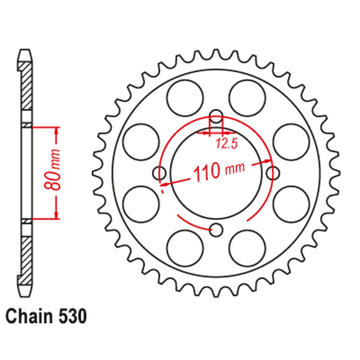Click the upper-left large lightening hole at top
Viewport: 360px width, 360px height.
click(x=185, y=97)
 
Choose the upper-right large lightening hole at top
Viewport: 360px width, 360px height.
click(x=247, y=97)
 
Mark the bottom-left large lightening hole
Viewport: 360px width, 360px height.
click(x=185, y=249)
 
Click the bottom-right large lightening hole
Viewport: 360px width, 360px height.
click(x=247, y=249)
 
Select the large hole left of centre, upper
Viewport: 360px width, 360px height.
click(x=141, y=142)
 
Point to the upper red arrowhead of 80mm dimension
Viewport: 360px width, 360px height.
click(x=57, y=131)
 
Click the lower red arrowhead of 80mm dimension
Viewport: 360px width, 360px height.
click(x=57, y=215)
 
